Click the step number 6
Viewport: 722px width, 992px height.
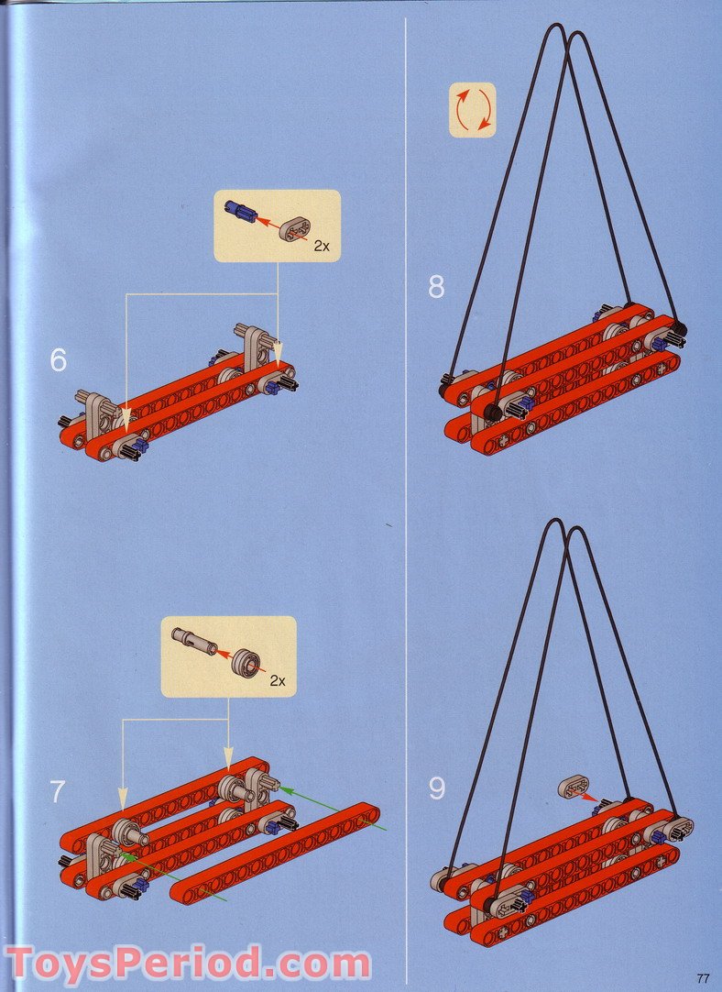click(59, 360)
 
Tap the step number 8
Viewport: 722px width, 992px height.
click(436, 287)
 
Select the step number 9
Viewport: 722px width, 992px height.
click(437, 788)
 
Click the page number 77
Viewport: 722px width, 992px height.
click(703, 977)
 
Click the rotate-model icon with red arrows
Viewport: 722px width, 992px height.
click(472, 111)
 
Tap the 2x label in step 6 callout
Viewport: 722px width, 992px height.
click(320, 246)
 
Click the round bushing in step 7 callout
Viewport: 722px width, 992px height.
click(246, 661)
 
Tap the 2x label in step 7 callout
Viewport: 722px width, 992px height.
click(278, 679)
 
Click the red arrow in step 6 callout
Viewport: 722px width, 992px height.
click(268, 223)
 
